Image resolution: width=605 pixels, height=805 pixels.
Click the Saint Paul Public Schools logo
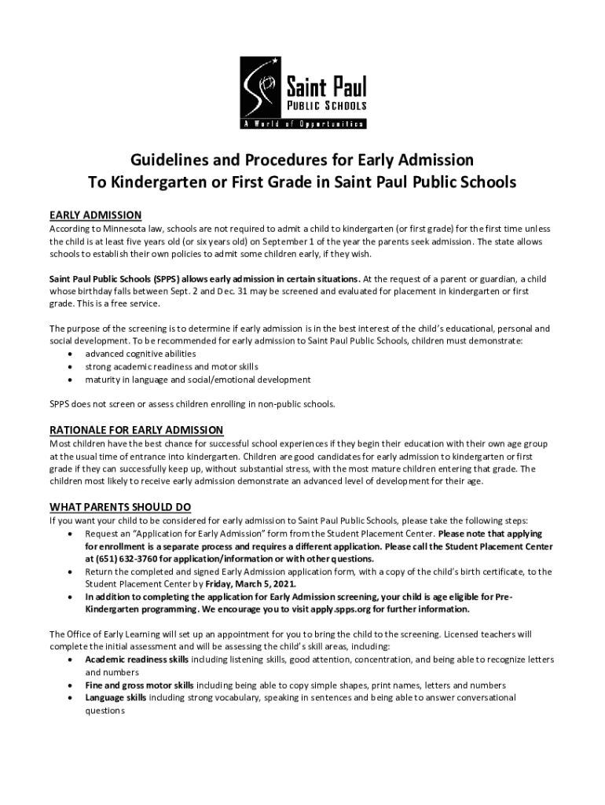tap(302, 93)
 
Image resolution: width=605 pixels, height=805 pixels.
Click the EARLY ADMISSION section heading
tap(95, 215)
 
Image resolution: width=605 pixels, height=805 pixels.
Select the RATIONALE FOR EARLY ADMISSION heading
tap(137, 429)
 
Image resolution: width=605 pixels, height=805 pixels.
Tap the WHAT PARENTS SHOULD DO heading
tap(120, 506)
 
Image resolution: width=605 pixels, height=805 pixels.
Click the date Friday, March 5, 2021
tap(251, 584)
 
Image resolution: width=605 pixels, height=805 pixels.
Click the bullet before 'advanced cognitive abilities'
tap(71, 354)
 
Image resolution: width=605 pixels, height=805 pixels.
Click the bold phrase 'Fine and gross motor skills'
tap(140, 685)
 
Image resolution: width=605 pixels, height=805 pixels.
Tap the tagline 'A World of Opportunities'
tap(302, 123)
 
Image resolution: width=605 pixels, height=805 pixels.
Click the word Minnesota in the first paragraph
tap(133, 228)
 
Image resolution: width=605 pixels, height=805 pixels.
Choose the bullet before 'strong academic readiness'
tap(71, 366)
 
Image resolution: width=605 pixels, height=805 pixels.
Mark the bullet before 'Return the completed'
tap(71, 572)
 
